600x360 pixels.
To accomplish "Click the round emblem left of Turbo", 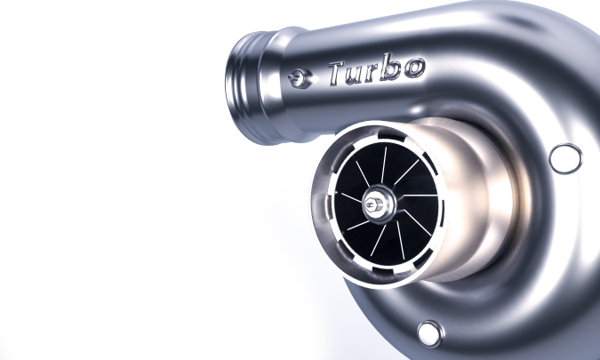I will coord(301,80).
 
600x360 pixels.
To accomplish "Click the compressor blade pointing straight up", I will coord(384,165).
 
